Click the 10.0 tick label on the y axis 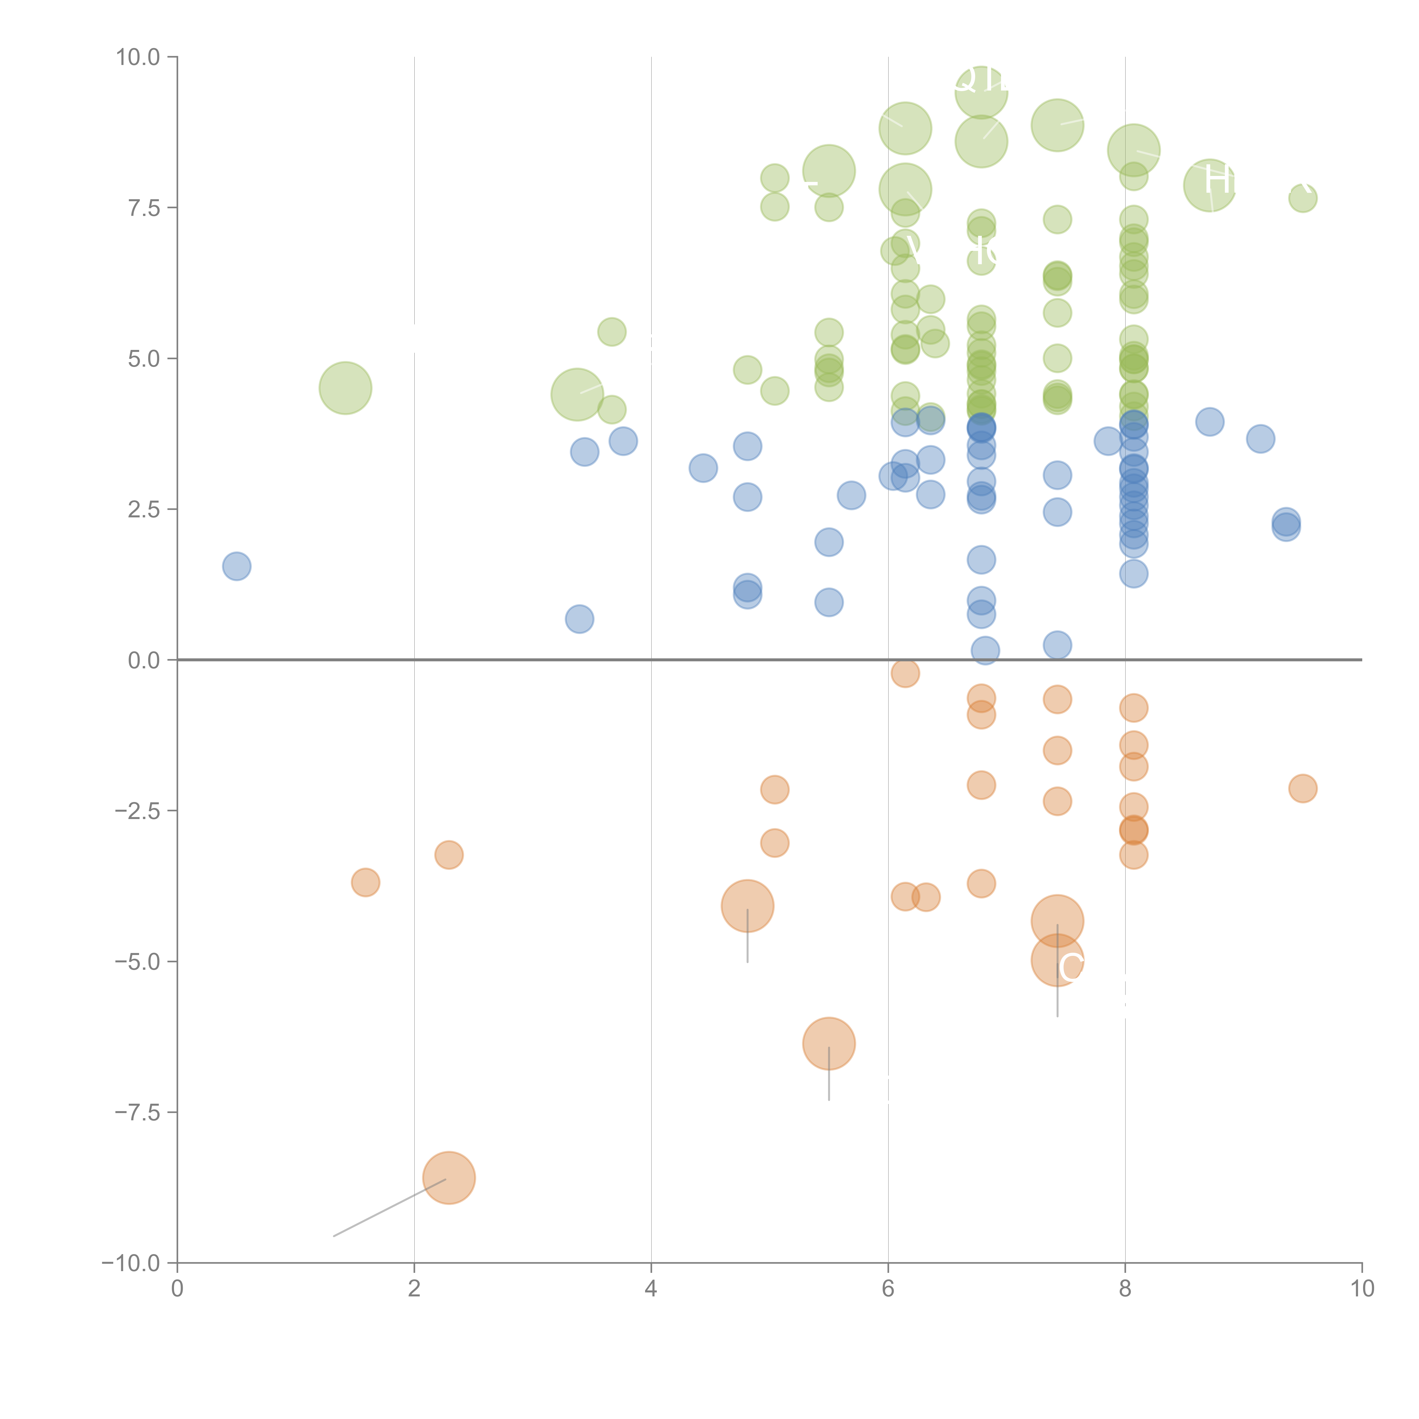click(138, 57)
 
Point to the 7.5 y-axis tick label click(144, 208)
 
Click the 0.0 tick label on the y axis click(144, 660)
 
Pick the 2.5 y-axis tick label click(144, 510)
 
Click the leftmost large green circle click(345, 388)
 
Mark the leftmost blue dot click(236, 566)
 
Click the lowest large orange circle click(449, 1178)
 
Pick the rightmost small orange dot click(1303, 789)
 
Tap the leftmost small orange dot click(365, 882)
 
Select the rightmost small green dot click(1303, 198)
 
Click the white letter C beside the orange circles click(1071, 968)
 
